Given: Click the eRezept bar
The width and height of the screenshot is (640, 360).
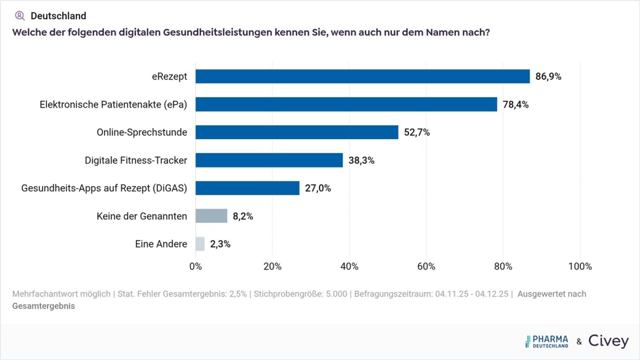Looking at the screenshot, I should tap(362, 76).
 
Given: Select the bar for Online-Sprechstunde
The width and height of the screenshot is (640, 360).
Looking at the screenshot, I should tap(297, 132).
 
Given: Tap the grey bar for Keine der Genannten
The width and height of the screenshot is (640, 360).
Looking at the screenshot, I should tap(211, 216).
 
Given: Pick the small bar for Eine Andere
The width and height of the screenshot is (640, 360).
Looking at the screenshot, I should tap(200, 244).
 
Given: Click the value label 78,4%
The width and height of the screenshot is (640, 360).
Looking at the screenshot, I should tap(516, 104).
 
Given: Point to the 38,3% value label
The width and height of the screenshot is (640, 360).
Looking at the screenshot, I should tap(361, 160).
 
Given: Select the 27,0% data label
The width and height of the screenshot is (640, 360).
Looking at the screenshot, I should tap(318, 188).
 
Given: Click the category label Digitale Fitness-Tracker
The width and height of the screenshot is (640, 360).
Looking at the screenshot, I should tap(136, 160).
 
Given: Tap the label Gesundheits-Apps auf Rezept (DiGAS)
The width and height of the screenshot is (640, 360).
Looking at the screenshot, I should tap(104, 188).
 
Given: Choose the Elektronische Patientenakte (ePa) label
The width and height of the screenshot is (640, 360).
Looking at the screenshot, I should tap(113, 104).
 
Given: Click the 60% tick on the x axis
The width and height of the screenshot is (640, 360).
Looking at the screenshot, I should tap(426, 266).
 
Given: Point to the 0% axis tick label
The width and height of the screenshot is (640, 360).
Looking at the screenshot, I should tap(196, 266).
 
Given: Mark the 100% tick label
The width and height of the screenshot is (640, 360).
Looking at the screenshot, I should tap(580, 266).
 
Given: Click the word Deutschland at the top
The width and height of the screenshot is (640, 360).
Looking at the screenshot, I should tap(58, 16).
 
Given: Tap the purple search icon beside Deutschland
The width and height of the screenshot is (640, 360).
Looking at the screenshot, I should tap(20, 16).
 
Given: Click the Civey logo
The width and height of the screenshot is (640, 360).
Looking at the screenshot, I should tap(608, 341).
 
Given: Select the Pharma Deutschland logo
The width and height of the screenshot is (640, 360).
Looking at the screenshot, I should tap(547, 342).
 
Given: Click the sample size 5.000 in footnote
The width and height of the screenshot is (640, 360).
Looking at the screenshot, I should tap(336, 294).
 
